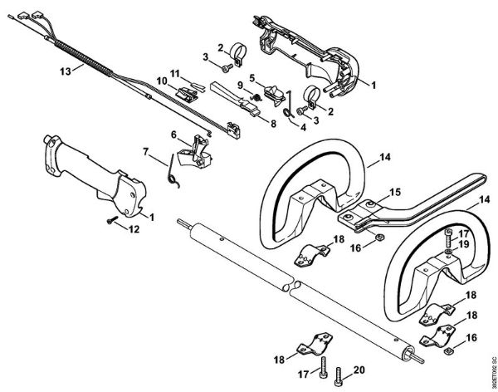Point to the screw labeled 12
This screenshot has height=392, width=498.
pyautogui.click(x=109, y=221)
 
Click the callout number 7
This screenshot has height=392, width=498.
pyautogui.click(x=146, y=152)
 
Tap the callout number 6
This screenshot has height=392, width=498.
pyautogui.click(x=174, y=135)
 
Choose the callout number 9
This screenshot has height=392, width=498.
pyautogui.click(x=240, y=85)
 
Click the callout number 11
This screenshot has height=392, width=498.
pyautogui.click(x=176, y=74)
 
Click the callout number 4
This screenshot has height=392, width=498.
pyautogui.click(x=303, y=127)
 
